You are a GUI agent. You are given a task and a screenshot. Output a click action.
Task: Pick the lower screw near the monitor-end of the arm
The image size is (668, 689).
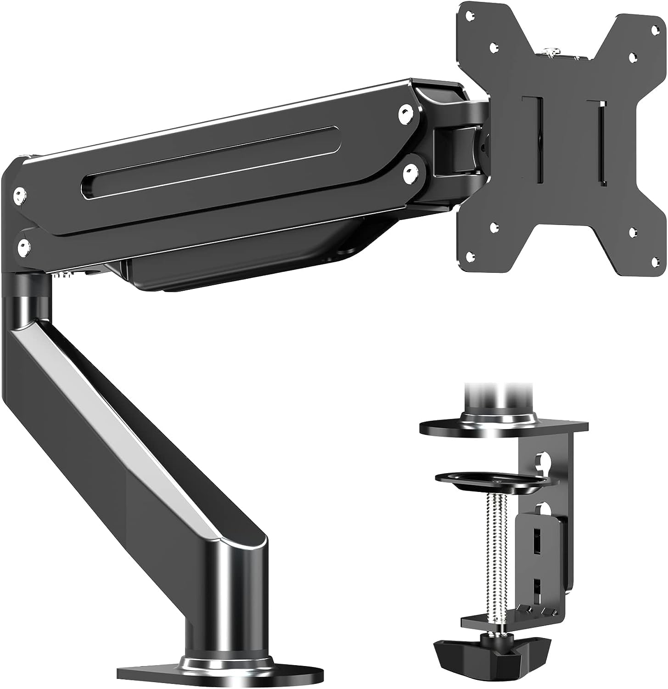pos(410,173)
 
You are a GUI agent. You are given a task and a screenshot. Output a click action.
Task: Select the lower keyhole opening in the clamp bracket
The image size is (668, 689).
pos(543,509)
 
